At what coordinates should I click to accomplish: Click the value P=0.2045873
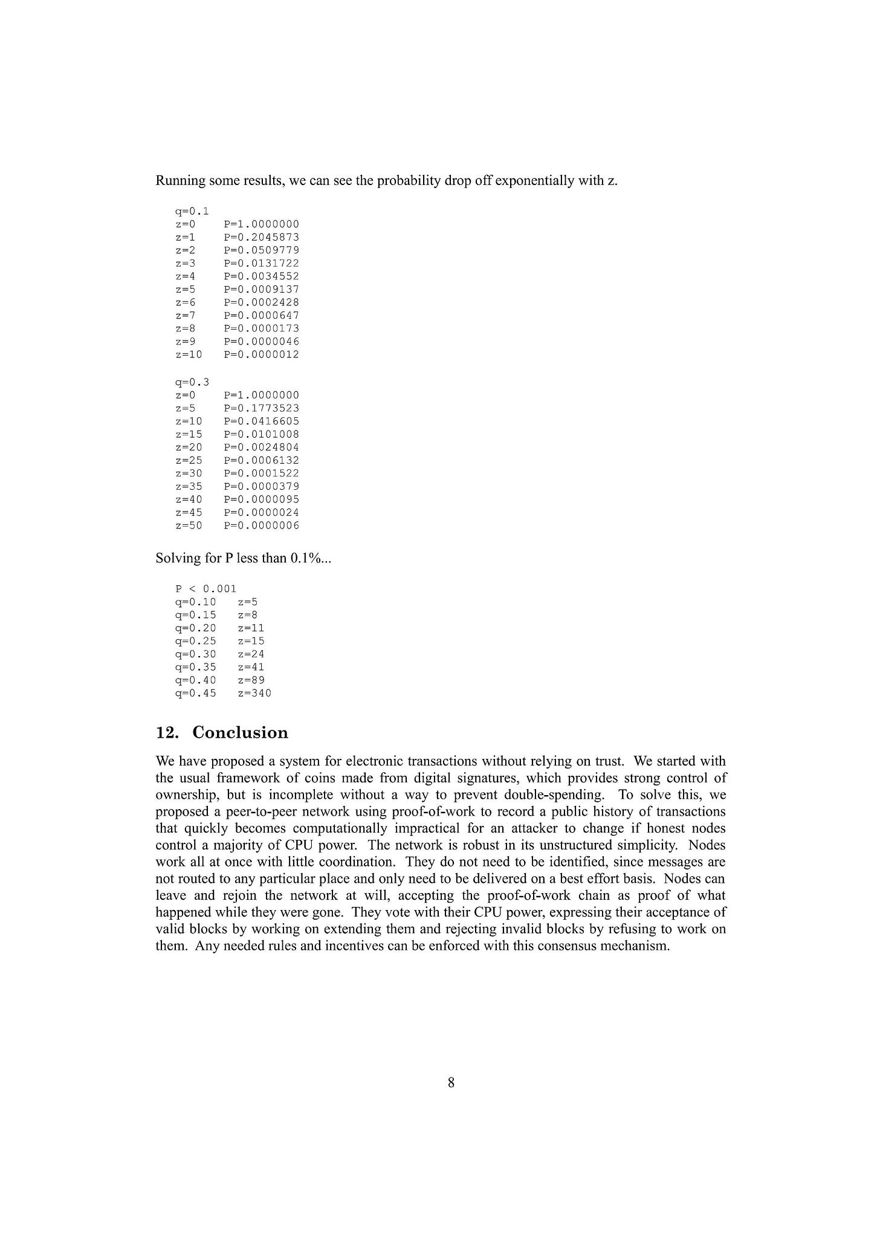tap(261, 237)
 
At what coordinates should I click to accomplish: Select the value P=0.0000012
tap(261, 354)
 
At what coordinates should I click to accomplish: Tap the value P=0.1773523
tap(261, 408)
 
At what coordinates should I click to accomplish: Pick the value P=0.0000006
tap(261, 525)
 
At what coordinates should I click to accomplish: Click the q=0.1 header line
tap(192, 211)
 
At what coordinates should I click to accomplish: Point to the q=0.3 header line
tap(192, 382)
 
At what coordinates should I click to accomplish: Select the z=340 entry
tap(254, 693)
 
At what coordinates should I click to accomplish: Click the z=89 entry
tap(251, 680)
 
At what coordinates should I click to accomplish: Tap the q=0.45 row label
tap(195, 693)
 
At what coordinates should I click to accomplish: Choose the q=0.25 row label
tap(195, 641)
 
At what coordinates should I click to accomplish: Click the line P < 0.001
tap(205, 588)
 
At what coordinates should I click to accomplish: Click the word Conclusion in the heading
tap(240, 733)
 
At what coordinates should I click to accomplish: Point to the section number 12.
tap(167, 733)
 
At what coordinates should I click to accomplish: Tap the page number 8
tap(451, 1082)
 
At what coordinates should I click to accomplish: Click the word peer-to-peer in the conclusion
tap(244, 811)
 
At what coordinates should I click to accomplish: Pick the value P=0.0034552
tap(261, 276)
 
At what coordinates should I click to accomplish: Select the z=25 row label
tap(189, 460)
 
